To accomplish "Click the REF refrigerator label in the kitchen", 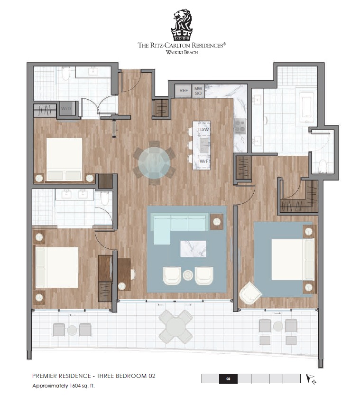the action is [184, 90].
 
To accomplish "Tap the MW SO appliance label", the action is [198, 91].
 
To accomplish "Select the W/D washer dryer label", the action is [66, 108].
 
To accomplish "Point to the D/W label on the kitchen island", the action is [204, 129].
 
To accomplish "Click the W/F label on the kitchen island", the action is [204, 161].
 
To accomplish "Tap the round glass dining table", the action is [154, 162].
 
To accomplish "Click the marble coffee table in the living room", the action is [193, 249].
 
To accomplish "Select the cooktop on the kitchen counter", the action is [240, 126].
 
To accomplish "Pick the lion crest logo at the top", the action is [182, 25].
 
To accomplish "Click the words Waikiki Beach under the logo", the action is [182, 52].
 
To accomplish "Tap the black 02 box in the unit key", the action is [228, 379].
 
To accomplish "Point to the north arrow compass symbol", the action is [311, 379].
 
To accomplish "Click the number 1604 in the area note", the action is [75, 386].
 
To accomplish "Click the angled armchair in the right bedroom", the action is [250, 293].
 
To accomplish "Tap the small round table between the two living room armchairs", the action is [188, 275].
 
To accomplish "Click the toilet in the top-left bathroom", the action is [66, 73].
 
